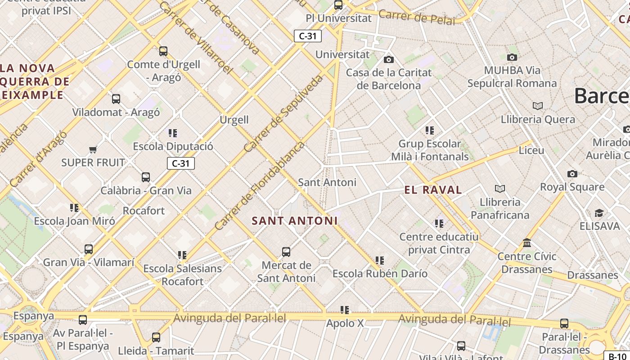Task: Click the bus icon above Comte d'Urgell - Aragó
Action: point(163,51)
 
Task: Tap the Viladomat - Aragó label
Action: point(116,112)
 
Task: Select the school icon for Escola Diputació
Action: point(173,133)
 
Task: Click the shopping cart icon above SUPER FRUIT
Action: point(93,149)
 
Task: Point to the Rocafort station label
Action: point(144,211)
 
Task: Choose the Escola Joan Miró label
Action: point(75,221)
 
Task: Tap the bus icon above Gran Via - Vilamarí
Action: point(89,249)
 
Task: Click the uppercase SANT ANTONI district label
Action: point(294,221)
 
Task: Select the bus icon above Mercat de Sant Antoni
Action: point(286,252)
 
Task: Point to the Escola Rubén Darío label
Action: point(380,274)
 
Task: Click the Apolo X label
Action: point(345,323)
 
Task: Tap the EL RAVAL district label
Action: point(433,190)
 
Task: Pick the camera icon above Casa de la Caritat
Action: point(389,59)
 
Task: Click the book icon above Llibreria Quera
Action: point(538,106)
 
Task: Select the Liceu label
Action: point(531,150)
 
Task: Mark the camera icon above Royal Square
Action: point(572,174)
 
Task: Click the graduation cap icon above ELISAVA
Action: point(599,213)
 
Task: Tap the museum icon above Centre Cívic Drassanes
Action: point(527,243)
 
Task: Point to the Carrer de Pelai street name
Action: point(417,17)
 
